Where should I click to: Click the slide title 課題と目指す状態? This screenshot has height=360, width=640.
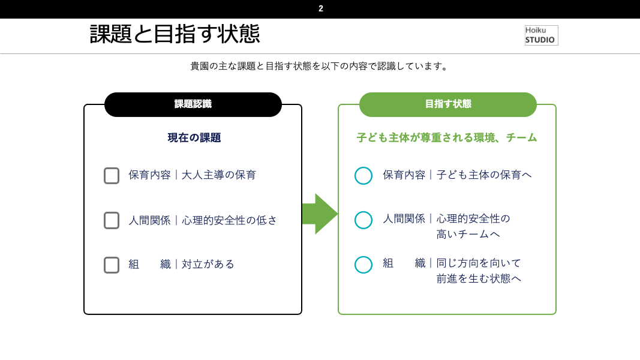coord(175,34)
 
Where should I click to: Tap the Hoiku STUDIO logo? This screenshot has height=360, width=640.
coord(541,35)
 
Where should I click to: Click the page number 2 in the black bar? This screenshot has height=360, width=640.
coord(321,8)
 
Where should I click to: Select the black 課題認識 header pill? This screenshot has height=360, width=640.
coord(193,104)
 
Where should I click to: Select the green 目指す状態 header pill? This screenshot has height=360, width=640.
coord(447,104)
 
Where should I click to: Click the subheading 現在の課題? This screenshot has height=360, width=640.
coord(194,138)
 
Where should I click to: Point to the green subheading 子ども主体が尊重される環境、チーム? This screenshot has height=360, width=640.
coord(446,138)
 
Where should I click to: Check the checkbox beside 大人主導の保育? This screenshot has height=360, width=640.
coord(112,176)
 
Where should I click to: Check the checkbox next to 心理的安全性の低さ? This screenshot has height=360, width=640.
coord(112,220)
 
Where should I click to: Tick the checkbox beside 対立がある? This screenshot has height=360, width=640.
coord(112,265)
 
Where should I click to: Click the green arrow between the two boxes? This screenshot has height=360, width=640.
coord(320,214)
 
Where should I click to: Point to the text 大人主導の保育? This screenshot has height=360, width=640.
coord(219,175)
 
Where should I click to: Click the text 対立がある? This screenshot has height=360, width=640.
coord(208,265)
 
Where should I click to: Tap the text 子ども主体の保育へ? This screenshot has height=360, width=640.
coord(484,175)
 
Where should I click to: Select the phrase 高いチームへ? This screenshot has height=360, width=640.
coord(468,234)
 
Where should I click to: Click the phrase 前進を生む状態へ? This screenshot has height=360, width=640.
coord(479,279)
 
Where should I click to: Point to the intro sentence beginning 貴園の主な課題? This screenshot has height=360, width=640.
coord(320,66)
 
